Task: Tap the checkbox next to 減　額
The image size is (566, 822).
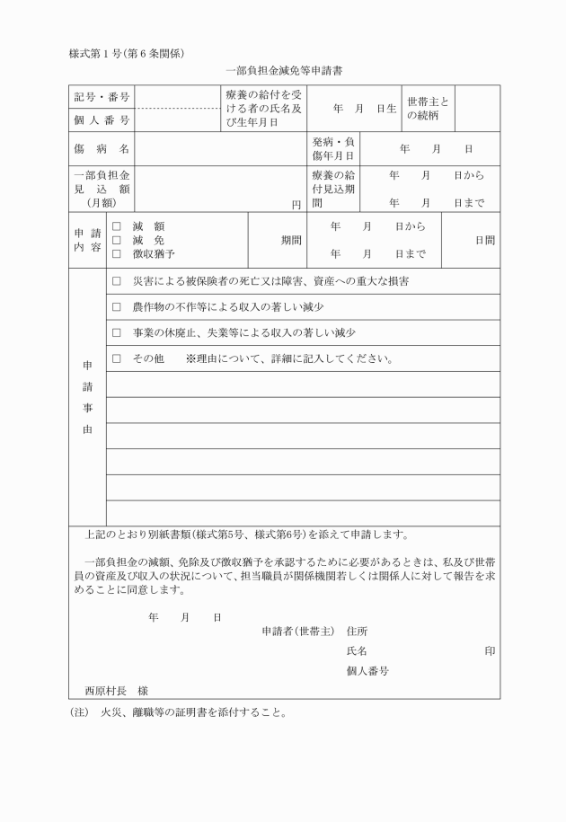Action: (x=116, y=227)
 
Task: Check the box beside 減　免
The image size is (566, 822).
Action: (x=116, y=241)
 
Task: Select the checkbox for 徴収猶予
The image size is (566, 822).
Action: (x=116, y=254)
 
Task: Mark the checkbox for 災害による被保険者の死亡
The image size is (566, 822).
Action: (x=116, y=281)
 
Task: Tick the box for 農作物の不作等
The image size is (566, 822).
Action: (x=116, y=307)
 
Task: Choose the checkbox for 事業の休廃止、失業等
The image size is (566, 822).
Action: (x=116, y=333)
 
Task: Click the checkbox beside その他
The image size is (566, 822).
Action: (x=116, y=359)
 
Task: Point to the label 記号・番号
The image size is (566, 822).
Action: (x=102, y=97)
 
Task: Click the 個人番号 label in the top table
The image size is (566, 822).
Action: (x=102, y=119)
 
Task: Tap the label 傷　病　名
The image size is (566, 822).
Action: (x=102, y=148)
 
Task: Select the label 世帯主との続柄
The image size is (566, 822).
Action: (x=428, y=109)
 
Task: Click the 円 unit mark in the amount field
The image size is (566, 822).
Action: (x=296, y=205)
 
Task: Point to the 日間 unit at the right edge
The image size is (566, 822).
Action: (x=485, y=241)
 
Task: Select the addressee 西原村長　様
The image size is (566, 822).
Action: (x=116, y=691)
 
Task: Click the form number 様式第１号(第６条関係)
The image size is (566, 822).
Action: (x=127, y=52)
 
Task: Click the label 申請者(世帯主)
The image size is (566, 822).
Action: (x=297, y=632)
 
